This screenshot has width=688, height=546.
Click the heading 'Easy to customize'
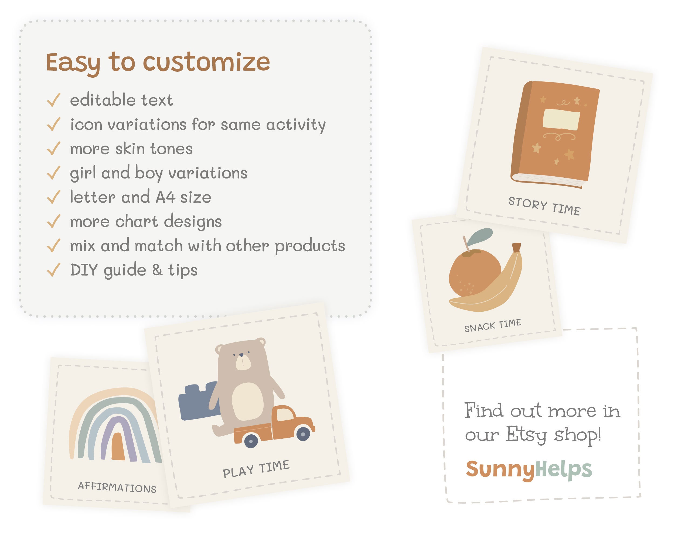(158, 63)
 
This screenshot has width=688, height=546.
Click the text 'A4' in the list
(165, 197)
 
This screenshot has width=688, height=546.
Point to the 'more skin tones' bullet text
(131, 149)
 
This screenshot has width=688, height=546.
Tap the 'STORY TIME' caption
(544, 206)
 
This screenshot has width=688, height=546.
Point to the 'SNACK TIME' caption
(492, 325)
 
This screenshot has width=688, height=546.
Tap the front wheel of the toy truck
(302, 434)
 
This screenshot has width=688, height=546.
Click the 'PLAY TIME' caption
(256, 469)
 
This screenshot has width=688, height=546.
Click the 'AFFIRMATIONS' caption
(117, 487)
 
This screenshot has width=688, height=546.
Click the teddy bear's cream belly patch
(247, 401)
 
